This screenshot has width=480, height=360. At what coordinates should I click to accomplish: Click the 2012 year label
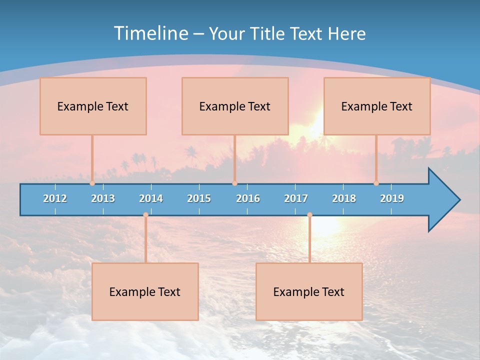coord(55,198)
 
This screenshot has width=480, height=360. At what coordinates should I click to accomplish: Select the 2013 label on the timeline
coord(103,198)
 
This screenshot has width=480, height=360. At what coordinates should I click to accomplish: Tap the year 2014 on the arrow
coord(151,198)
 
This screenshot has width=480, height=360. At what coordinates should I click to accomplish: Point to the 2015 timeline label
coord(199,198)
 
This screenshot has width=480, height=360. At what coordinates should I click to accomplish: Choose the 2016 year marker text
coord(248,198)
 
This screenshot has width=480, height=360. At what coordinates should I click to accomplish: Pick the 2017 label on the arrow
coord(296,198)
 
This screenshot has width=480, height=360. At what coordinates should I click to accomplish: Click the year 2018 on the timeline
coord(344,198)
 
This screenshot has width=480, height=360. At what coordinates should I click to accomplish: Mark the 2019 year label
coord(392,198)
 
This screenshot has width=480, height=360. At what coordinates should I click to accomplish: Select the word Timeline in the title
coord(150,33)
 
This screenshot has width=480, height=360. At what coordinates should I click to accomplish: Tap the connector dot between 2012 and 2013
coord(92,183)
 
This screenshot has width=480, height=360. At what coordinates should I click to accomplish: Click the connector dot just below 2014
coord(145,215)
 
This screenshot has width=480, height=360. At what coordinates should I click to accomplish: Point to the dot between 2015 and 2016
coord(234,183)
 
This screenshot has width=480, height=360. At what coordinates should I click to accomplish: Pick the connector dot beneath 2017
coord(309,215)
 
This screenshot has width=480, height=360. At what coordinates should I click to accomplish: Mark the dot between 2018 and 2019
coord(376,183)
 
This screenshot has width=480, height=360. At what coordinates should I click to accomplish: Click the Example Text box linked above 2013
coord(93,106)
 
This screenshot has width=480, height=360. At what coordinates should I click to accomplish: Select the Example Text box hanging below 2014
coord(145,292)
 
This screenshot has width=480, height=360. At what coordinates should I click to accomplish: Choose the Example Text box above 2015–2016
coord(235,106)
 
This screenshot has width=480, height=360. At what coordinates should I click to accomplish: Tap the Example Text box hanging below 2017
coord(309,292)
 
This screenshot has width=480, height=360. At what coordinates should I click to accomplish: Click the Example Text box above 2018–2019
coord(377,106)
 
